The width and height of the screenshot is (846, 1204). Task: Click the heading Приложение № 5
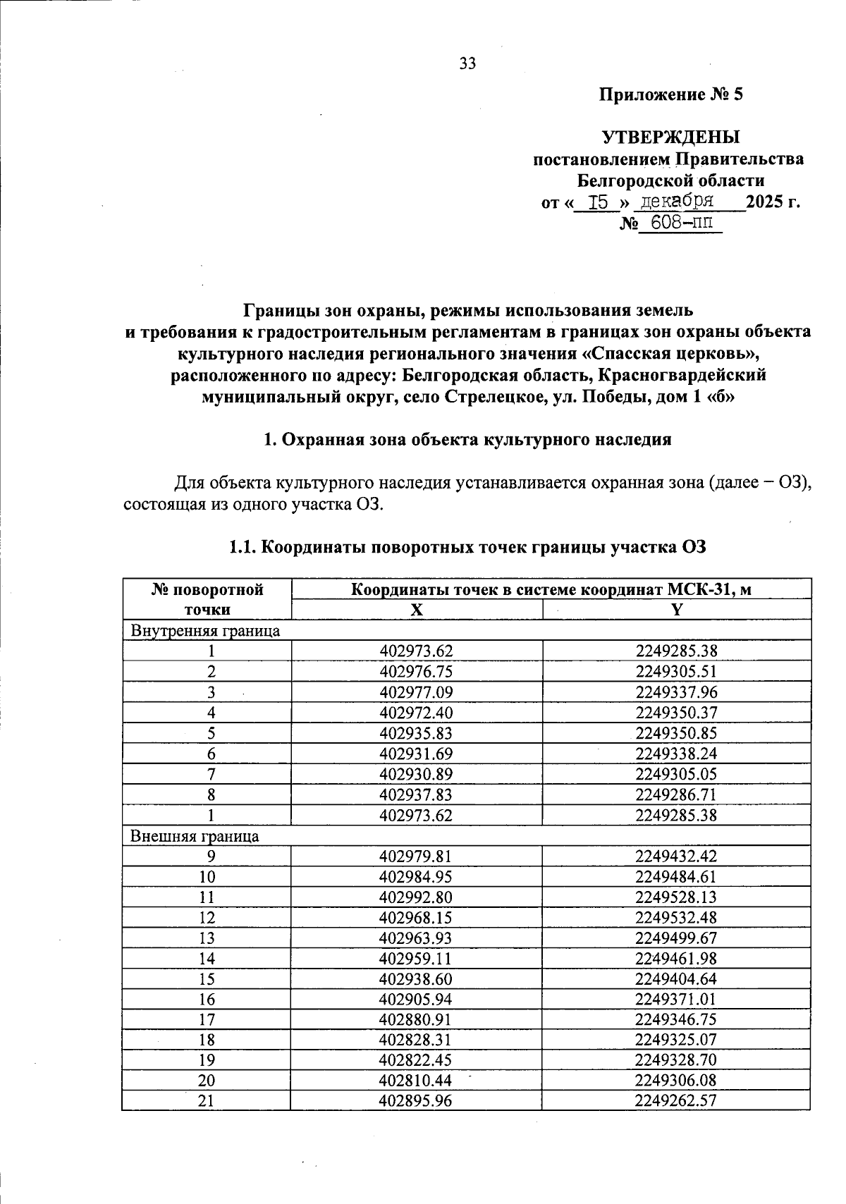click(670, 94)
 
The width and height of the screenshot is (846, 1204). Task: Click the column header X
click(417, 610)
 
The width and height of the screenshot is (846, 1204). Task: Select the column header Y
click(676, 610)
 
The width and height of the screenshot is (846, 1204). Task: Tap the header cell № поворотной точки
click(207, 599)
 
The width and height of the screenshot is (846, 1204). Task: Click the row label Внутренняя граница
click(205, 631)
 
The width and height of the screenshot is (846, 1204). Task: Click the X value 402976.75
click(415, 672)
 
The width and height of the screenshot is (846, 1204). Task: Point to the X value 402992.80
click(415, 897)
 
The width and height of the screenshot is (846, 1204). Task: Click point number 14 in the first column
click(207, 959)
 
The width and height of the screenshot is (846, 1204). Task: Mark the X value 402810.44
click(415, 1081)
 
